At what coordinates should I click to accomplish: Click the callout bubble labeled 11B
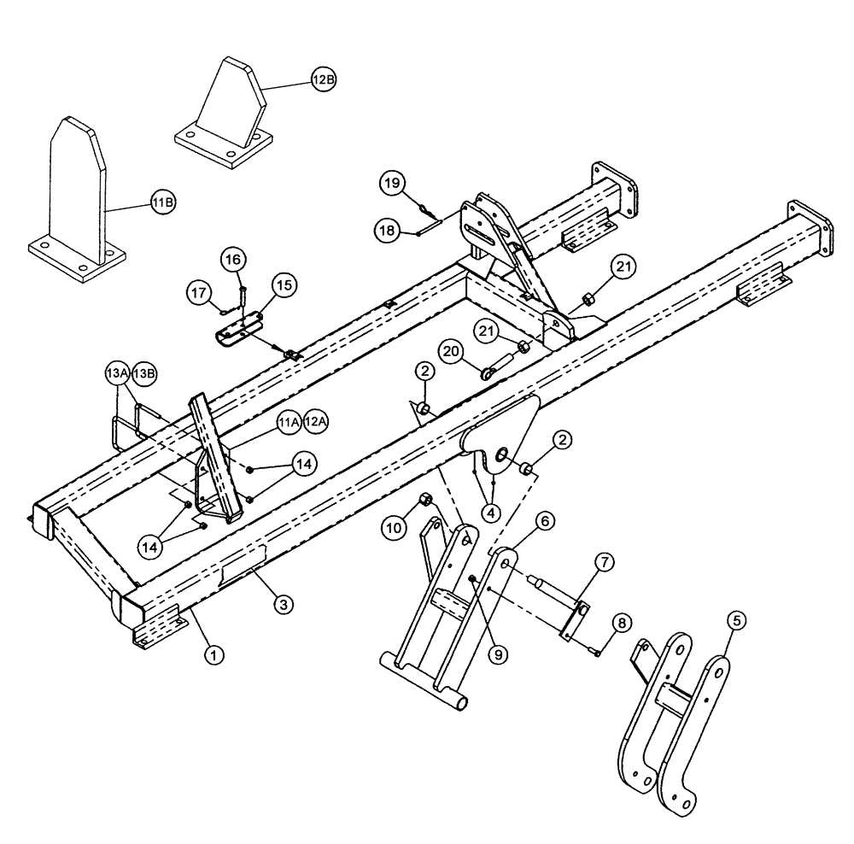point(163,202)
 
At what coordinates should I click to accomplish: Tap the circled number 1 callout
point(214,655)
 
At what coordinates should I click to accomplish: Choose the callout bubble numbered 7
point(604,562)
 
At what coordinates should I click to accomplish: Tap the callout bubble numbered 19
point(389,183)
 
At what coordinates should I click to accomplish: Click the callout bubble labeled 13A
point(116,374)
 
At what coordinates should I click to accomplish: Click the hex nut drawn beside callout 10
point(425,501)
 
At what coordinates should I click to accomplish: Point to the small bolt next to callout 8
point(595,652)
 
